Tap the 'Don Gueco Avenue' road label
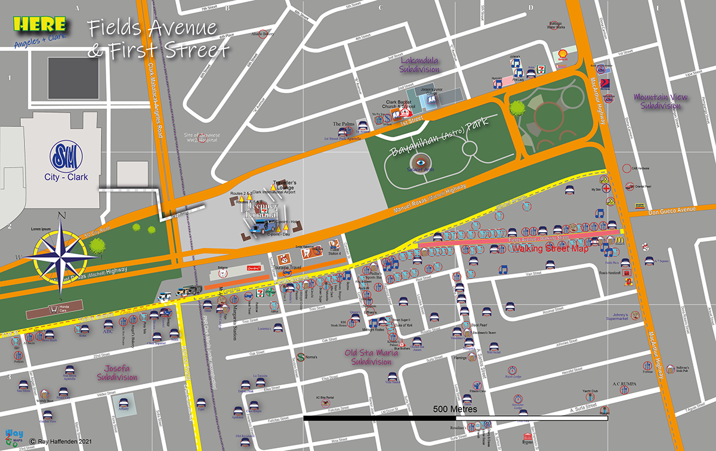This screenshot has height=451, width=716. [x=671, y=209]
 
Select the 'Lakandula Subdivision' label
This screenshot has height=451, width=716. [x=420, y=65]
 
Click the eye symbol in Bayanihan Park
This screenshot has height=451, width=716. [x=421, y=162]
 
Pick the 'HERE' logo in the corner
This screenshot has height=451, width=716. [x=39, y=24]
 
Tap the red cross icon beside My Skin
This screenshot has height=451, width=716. [x=607, y=188]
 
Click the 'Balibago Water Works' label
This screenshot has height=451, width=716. [x=556, y=25]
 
